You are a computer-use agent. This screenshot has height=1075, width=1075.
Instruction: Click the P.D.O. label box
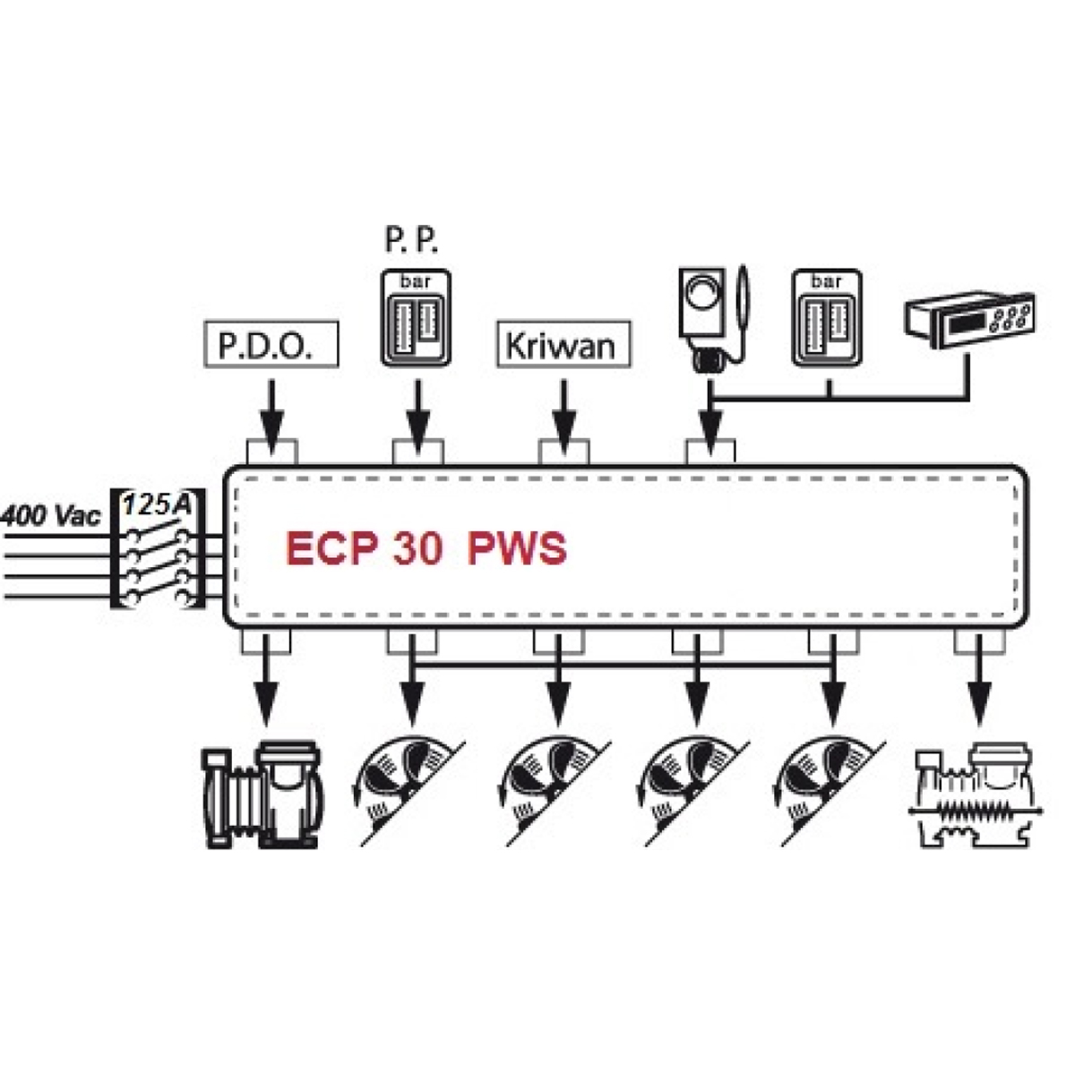pos(272,344)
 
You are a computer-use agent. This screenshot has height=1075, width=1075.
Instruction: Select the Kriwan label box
pos(563,344)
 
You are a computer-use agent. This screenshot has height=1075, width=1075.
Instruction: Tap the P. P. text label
pos(413,240)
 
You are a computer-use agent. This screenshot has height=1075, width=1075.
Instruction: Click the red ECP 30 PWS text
pos(426,548)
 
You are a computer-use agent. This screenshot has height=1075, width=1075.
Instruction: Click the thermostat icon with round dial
pos(709,317)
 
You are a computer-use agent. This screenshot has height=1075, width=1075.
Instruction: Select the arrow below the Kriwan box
pos(563,410)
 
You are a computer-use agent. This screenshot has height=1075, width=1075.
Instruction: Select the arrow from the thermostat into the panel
pos(710,421)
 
